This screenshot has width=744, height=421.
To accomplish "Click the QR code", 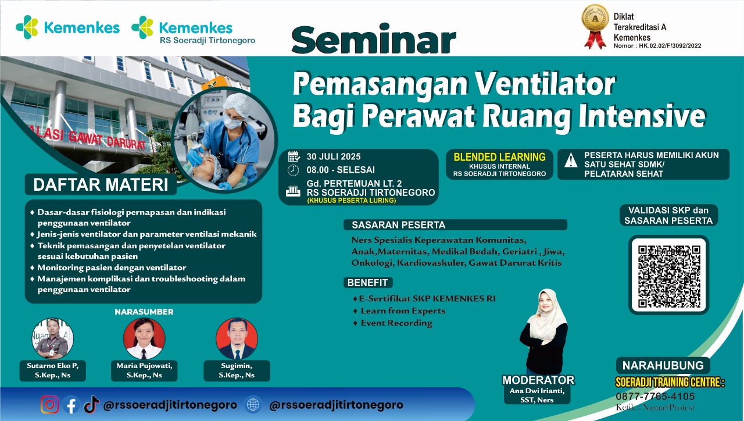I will (x=669, y=276).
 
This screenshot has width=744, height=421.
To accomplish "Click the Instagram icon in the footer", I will (x=50, y=405).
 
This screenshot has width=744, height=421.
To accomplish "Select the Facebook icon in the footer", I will (x=70, y=405).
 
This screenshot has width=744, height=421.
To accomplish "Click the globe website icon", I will (x=253, y=405).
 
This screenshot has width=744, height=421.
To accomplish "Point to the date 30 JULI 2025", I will (x=334, y=156).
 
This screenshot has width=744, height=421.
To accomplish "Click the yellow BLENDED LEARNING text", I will (x=499, y=157).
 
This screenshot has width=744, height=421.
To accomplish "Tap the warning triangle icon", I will (x=571, y=159).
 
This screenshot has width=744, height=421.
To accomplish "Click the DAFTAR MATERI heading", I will (x=100, y=185).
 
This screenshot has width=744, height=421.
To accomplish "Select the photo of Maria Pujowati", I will (x=144, y=338).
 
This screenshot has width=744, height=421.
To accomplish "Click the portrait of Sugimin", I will (x=237, y=338).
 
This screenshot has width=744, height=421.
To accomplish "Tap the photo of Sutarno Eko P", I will (x=52, y=338).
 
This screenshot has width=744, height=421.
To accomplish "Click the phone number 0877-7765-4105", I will (x=655, y=397).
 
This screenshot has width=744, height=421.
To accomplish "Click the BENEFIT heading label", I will (x=368, y=283).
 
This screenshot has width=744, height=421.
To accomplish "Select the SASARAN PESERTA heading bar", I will (x=455, y=224).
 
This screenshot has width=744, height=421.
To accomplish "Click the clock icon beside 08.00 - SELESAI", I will (x=294, y=170).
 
